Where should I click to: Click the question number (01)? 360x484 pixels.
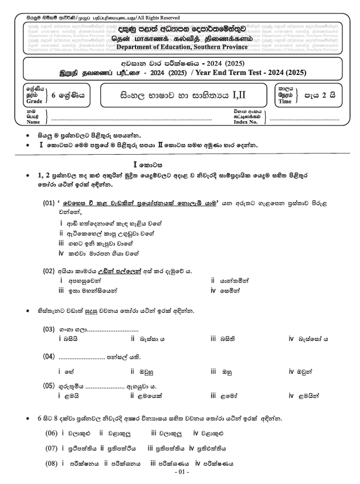tap(51, 203)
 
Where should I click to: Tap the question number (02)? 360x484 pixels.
tap(51, 271)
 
